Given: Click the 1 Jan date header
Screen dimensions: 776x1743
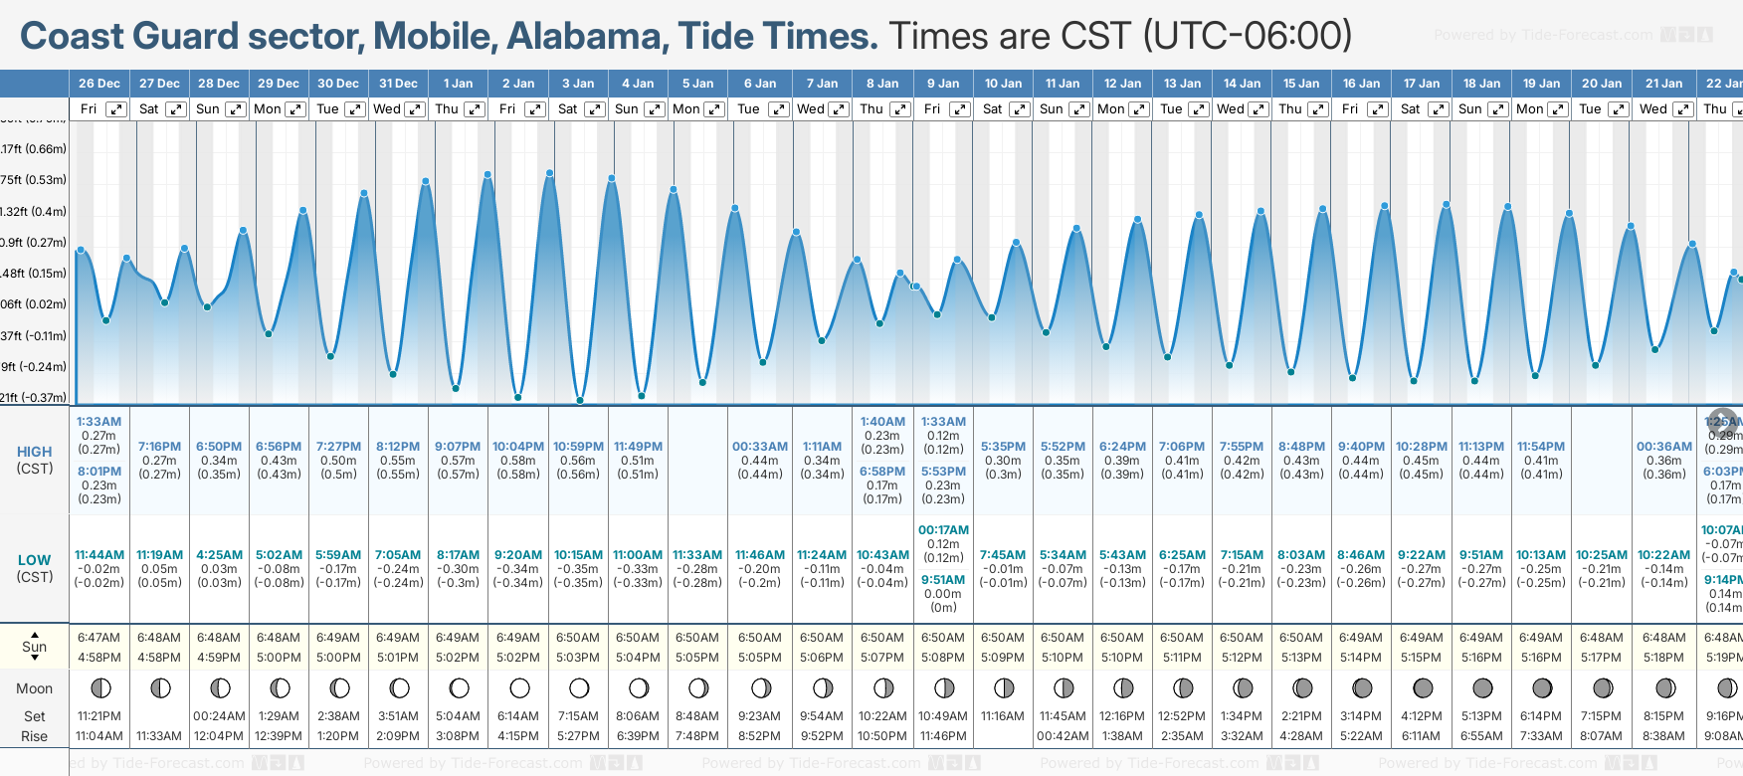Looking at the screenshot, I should pyautogui.click(x=458, y=84).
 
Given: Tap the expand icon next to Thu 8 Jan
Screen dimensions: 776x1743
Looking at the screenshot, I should pyautogui.click(x=899, y=109).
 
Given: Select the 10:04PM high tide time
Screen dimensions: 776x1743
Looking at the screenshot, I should pyautogui.click(x=518, y=447).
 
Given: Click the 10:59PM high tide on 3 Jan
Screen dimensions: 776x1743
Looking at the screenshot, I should pyautogui.click(x=578, y=447).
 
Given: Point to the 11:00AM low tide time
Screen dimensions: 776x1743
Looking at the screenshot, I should pyautogui.click(x=638, y=555).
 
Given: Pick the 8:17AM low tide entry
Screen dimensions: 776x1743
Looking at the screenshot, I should pyautogui.click(x=458, y=555).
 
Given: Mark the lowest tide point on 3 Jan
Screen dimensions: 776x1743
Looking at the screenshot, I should pyautogui.click(x=580, y=401).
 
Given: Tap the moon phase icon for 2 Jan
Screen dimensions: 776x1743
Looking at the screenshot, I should pyautogui.click(x=519, y=687).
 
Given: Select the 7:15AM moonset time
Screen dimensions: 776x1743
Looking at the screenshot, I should pyautogui.click(x=578, y=716).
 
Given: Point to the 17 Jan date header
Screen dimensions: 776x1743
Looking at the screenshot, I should pyautogui.click(x=1422, y=84).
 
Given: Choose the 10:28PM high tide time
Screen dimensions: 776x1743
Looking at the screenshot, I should pyautogui.click(x=1421, y=447).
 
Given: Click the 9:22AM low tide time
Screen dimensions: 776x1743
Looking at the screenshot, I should pyautogui.click(x=1421, y=555).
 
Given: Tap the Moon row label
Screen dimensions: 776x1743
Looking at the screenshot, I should pyautogui.click(x=34, y=688).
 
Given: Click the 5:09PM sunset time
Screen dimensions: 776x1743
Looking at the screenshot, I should pyautogui.click(x=1002, y=658).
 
